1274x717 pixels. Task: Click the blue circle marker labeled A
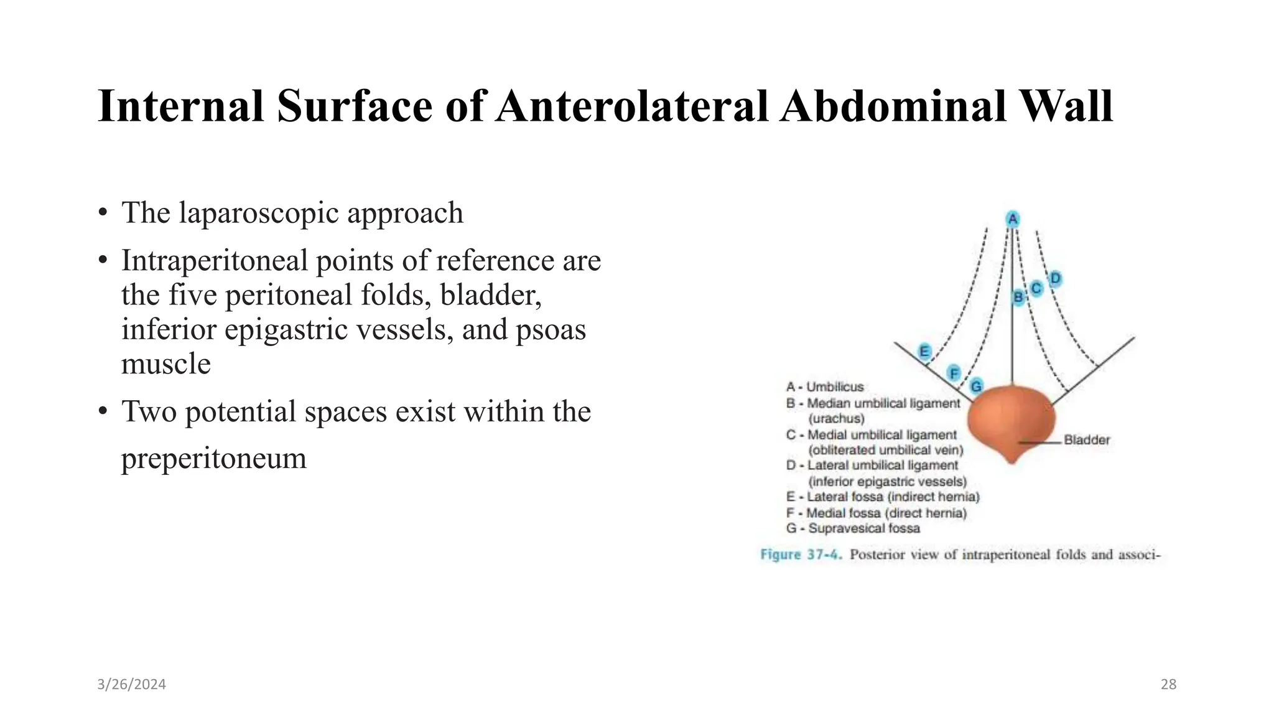coord(1013,219)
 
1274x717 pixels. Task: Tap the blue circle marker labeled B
coord(1018,298)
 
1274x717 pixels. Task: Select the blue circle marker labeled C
coord(1036,289)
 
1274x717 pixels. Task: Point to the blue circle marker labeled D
coord(1055,278)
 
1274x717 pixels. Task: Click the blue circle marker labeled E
coord(924,352)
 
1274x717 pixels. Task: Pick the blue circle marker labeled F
coord(954,373)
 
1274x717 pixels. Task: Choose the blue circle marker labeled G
coord(977,387)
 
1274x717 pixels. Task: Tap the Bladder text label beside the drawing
coord(1087,440)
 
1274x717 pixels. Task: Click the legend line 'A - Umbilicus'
coord(825,387)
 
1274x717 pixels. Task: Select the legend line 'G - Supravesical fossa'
coord(853,528)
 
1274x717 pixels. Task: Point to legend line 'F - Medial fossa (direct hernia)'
coord(876,513)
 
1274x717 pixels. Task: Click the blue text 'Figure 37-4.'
coord(801,555)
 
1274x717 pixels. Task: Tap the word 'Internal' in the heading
coord(181,106)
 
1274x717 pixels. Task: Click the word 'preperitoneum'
coord(213,459)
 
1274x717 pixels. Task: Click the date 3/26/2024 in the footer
coord(131,685)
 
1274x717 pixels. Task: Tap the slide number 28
coord(1168,685)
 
